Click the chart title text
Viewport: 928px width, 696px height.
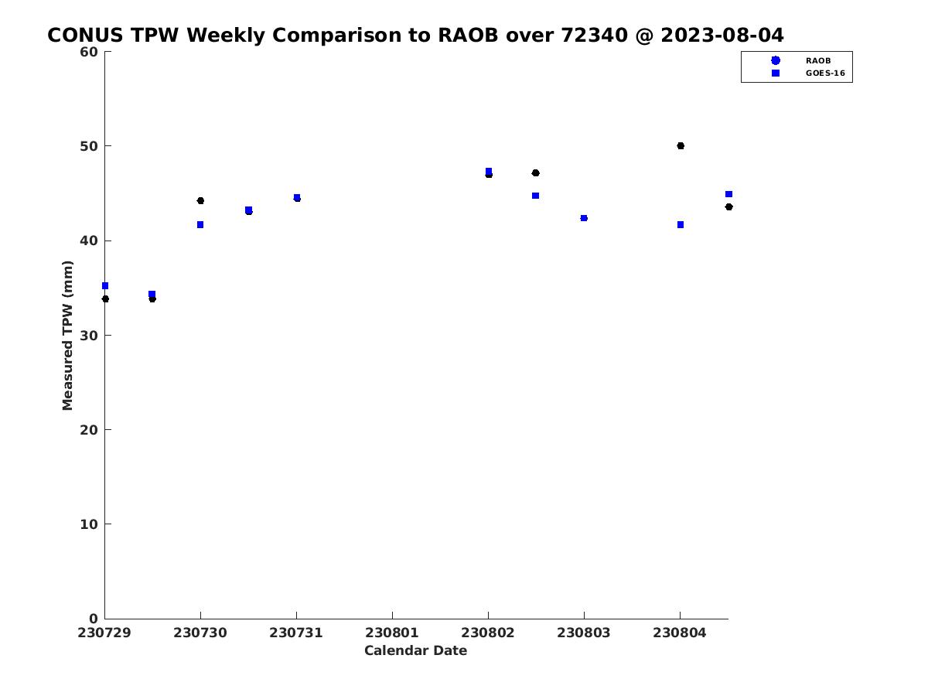(415, 35)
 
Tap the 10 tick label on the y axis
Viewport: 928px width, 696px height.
(89, 524)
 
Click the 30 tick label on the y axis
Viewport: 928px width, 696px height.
(89, 336)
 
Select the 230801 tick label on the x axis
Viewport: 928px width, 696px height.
(391, 633)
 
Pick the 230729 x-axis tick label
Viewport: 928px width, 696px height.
(104, 633)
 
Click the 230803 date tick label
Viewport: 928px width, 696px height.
(583, 633)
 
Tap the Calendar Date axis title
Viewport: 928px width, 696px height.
(415, 650)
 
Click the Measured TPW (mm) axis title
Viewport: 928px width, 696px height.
(67, 335)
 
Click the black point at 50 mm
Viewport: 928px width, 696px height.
(681, 146)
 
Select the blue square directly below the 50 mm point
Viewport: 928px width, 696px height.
(681, 225)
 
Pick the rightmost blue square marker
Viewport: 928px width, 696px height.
(729, 194)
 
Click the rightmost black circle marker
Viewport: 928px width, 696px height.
(729, 207)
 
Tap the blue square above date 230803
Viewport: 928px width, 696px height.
(584, 218)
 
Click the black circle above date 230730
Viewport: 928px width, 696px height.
(200, 201)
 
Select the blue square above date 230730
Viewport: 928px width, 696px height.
(200, 225)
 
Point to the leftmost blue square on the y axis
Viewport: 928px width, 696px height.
(105, 286)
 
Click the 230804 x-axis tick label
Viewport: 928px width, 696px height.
(680, 633)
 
